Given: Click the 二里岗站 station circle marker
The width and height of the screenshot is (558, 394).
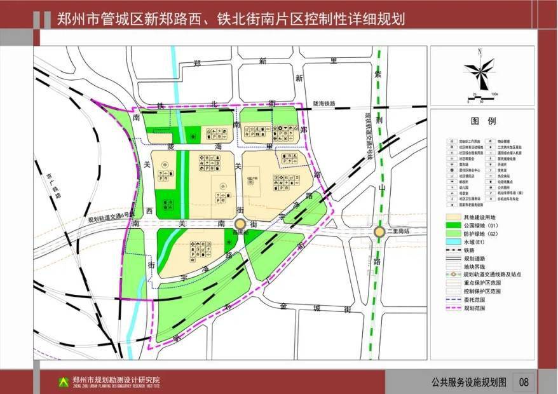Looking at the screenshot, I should (379, 233).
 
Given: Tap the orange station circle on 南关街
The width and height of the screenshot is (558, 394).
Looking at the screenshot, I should (240, 224).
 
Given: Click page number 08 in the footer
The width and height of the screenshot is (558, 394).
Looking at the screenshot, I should (524, 383).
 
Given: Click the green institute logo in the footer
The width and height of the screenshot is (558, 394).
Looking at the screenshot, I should (63, 382).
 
